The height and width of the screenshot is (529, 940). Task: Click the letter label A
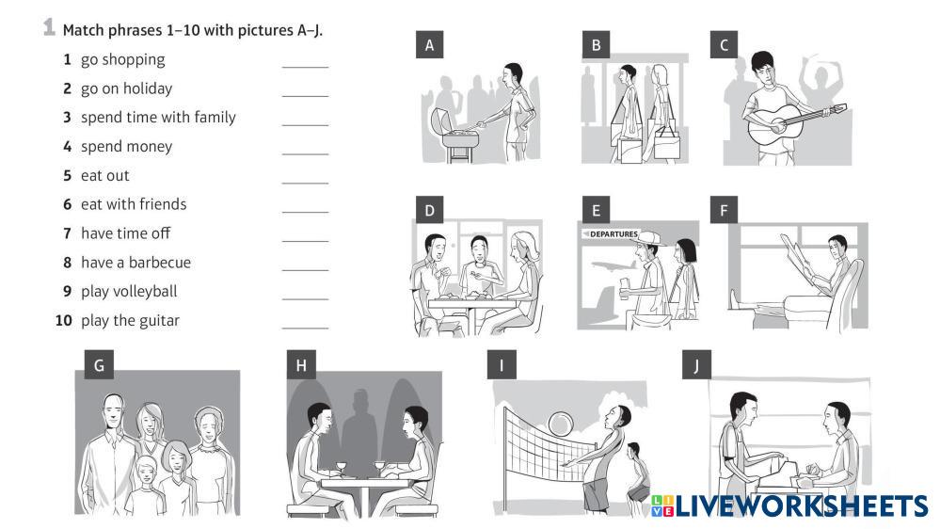429,45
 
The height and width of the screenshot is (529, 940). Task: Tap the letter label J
696,365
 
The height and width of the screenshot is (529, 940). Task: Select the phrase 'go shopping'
123,60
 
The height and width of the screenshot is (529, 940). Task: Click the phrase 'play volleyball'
129,292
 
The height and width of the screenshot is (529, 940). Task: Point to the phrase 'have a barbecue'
135,263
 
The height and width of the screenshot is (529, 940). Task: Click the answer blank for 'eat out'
305,183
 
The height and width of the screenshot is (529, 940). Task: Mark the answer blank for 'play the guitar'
305,328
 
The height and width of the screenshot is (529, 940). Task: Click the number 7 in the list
67,233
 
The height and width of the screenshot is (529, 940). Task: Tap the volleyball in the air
561,423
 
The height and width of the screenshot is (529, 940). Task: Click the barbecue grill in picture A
457,136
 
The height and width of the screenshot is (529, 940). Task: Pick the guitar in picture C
792,120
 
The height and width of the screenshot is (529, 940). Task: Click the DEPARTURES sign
611,234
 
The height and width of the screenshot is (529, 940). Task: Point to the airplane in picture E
613,265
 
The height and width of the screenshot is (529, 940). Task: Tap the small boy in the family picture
146,486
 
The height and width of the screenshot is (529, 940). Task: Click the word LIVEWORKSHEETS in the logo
802,505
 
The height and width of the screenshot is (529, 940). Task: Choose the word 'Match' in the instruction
83,30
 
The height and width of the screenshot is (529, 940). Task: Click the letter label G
99,365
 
